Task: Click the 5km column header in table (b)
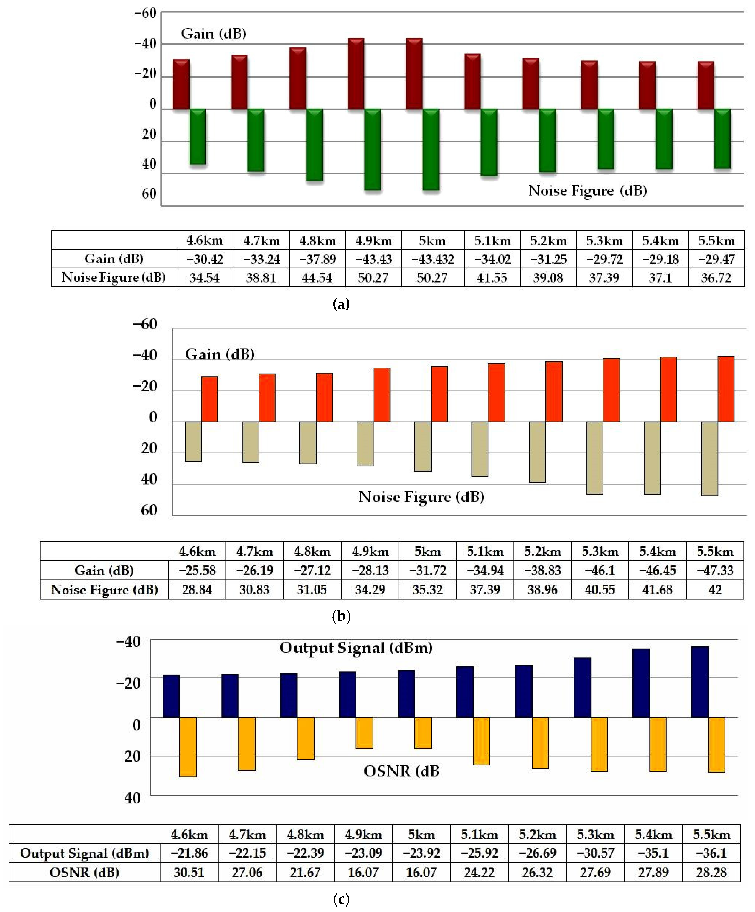point(428,552)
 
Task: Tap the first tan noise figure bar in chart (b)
point(193,441)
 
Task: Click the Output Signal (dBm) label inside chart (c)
point(356,648)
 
